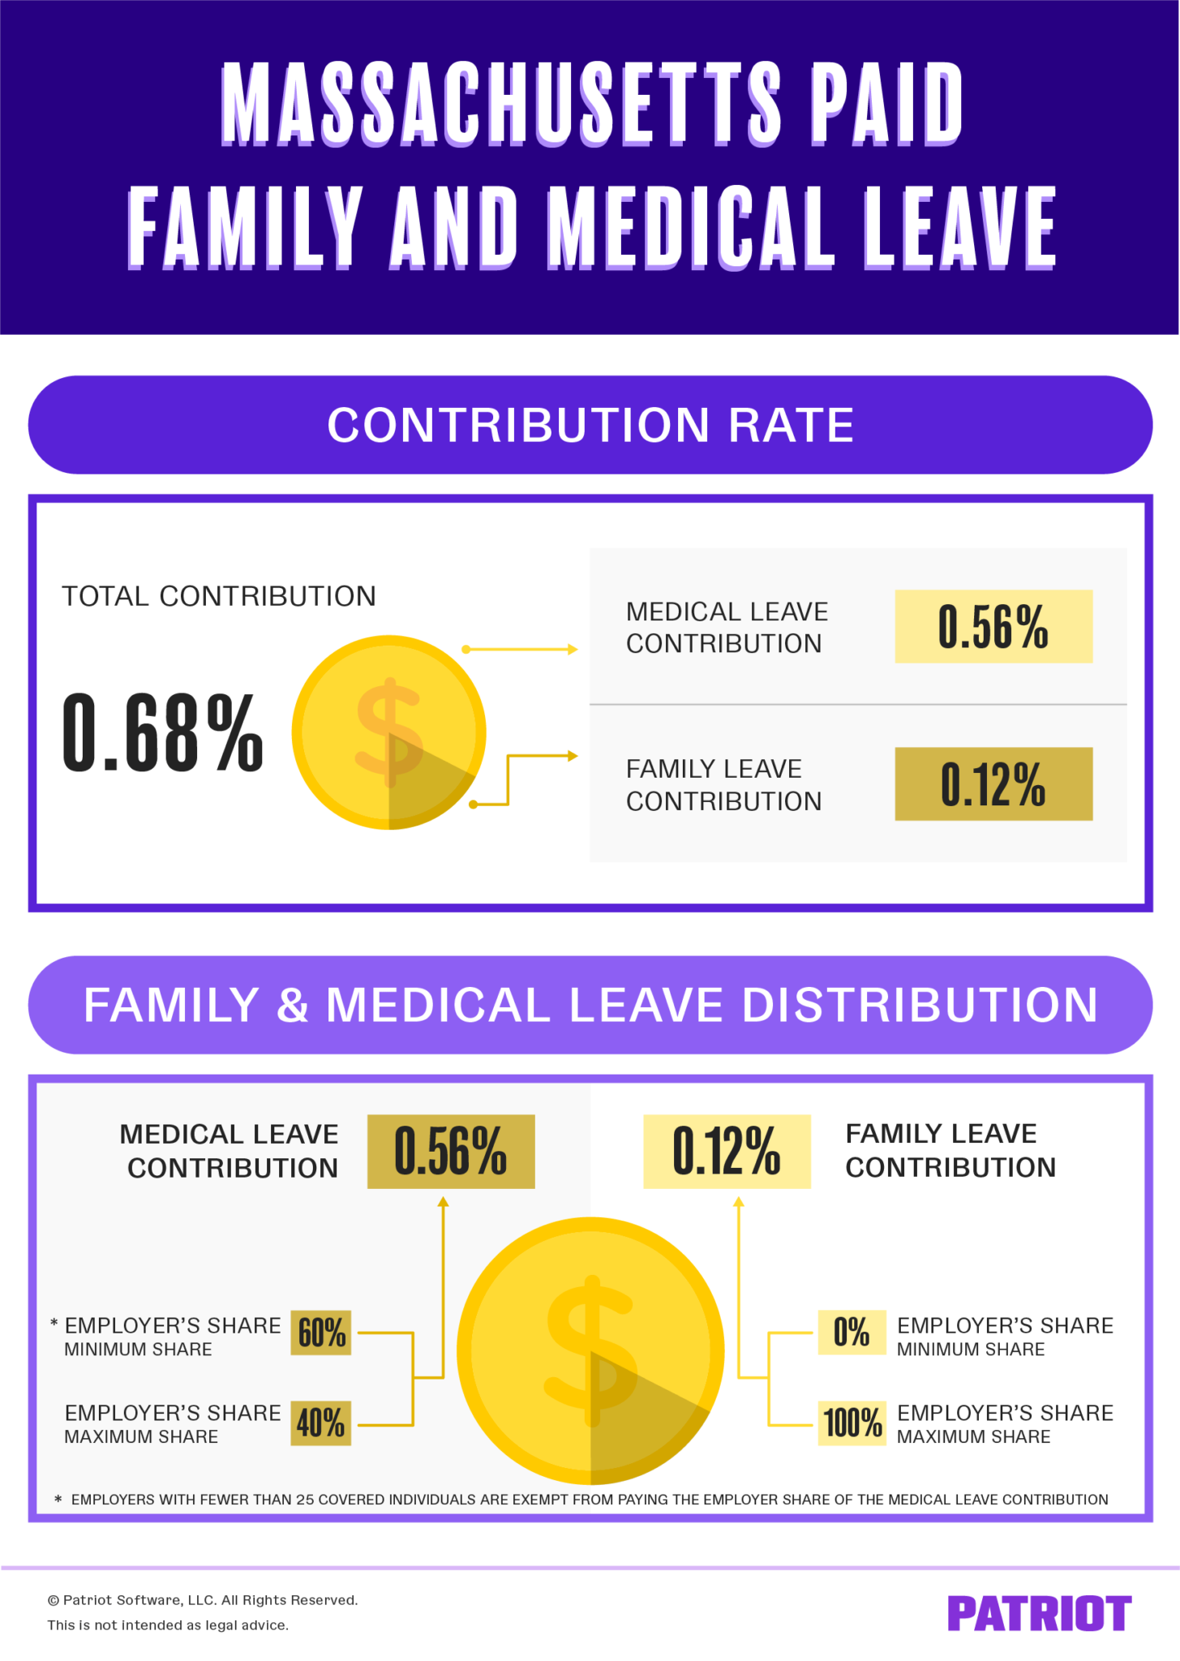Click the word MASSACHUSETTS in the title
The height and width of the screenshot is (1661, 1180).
(500, 104)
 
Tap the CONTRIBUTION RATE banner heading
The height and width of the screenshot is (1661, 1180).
(590, 425)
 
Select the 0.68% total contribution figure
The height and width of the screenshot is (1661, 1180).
(162, 733)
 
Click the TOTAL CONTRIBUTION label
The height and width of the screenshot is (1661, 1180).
(219, 596)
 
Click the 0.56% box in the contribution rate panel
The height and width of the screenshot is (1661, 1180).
(993, 627)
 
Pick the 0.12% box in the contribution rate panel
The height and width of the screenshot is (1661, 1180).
(993, 784)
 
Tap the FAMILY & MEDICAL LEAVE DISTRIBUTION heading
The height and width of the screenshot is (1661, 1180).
(590, 1005)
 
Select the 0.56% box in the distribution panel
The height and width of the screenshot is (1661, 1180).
(450, 1151)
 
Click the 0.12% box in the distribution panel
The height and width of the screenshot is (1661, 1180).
(727, 1151)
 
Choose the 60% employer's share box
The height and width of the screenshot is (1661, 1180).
(321, 1333)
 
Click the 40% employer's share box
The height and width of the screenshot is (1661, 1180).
(321, 1423)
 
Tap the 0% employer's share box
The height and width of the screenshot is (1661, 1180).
(852, 1333)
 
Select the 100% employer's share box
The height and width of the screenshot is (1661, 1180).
(852, 1423)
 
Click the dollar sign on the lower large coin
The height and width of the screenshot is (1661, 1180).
(591, 1350)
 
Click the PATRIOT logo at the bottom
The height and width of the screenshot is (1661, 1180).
(1039, 1613)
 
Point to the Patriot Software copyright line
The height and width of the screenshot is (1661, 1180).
(203, 1600)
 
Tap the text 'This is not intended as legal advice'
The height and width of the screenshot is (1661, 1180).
(168, 1625)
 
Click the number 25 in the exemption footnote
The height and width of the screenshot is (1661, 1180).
(305, 1500)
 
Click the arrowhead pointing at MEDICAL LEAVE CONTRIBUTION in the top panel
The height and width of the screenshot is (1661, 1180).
(573, 650)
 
